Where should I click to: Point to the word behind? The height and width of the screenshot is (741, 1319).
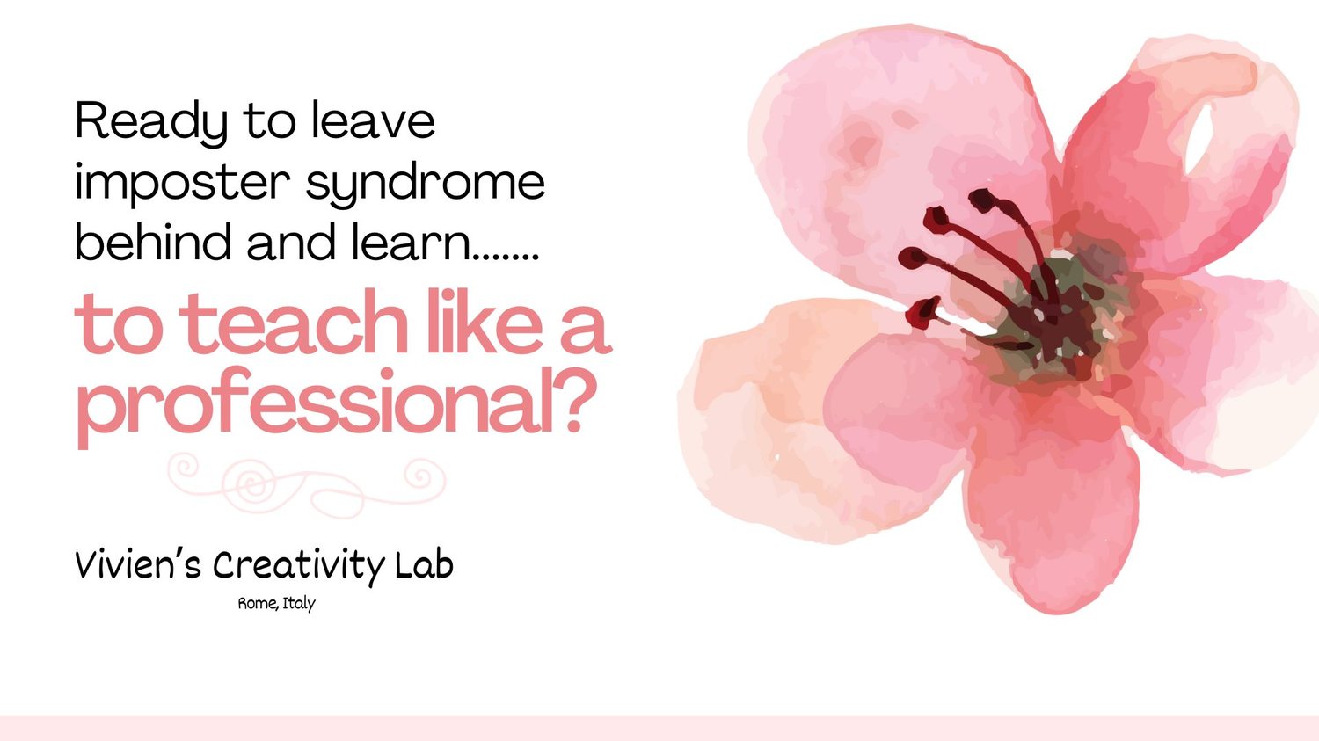pyautogui.click(x=153, y=241)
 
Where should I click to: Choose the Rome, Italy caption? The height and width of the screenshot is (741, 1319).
pyautogui.click(x=276, y=604)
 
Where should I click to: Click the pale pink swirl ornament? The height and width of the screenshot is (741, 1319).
pyautogui.click(x=306, y=484)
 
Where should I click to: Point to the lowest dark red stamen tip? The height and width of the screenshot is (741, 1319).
pyautogui.click(x=921, y=312)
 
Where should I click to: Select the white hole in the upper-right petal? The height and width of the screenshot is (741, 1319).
pyautogui.click(x=1199, y=138)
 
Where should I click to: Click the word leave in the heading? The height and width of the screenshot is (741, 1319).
pyautogui.click(x=374, y=121)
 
